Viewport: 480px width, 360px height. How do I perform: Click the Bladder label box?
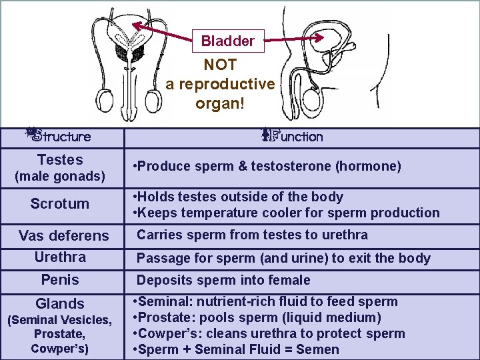point(228,41)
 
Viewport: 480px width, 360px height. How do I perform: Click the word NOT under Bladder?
point(220,65)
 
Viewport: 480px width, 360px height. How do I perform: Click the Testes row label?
point(60,160)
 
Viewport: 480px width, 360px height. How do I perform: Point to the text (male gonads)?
point(60,177)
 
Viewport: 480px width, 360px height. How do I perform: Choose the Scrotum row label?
point(59,204)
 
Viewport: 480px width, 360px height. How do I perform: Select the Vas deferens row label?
point(63,236)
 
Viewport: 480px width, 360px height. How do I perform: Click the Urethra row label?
point(60,257)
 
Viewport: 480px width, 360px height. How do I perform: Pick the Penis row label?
point(60,279)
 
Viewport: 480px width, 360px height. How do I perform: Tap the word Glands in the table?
point(60,304)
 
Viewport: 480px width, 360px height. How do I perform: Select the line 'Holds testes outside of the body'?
point(239,197)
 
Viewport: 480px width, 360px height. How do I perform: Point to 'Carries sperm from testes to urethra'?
point(253,235)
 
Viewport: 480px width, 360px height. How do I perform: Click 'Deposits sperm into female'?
point(224,280)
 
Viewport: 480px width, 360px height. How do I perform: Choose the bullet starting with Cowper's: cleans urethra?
point(269,333)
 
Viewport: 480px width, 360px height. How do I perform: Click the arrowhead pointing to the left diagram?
point(135,24)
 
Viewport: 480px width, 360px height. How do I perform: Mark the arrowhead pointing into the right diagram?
point(323,38)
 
